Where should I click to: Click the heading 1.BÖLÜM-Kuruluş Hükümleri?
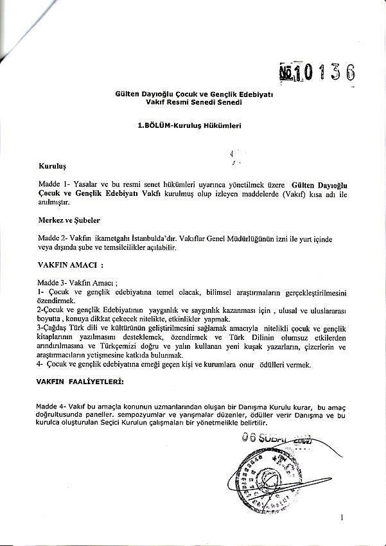191,127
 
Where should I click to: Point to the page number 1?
342,517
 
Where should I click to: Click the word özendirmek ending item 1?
57,300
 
